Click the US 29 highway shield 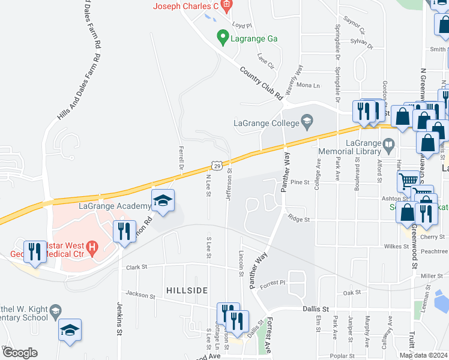pyautogui.click(x=217, y=165)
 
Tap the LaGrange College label pyautogui.click(x=266, y=124)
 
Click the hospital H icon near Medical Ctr pyautogui.click(x=91, y=246)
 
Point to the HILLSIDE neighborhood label pyautogui.click(x=187, y=290)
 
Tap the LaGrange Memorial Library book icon pyautogui.click(x=390, y=144)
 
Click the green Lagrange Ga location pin pyautogui.click(x=221, y=37)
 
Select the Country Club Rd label pyautogui.click(x=261, y=83)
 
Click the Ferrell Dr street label pyautogui.click(x=181, y=156)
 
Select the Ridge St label pyautogui.click(x=298, y=220)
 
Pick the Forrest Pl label pyautogui.click(x=273, y=284)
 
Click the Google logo pyautogui.click(x=20, y=353)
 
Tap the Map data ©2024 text pyautogui.click(x=423, y=355)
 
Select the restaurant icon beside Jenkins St pyautogui.click(x=124, y=231)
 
